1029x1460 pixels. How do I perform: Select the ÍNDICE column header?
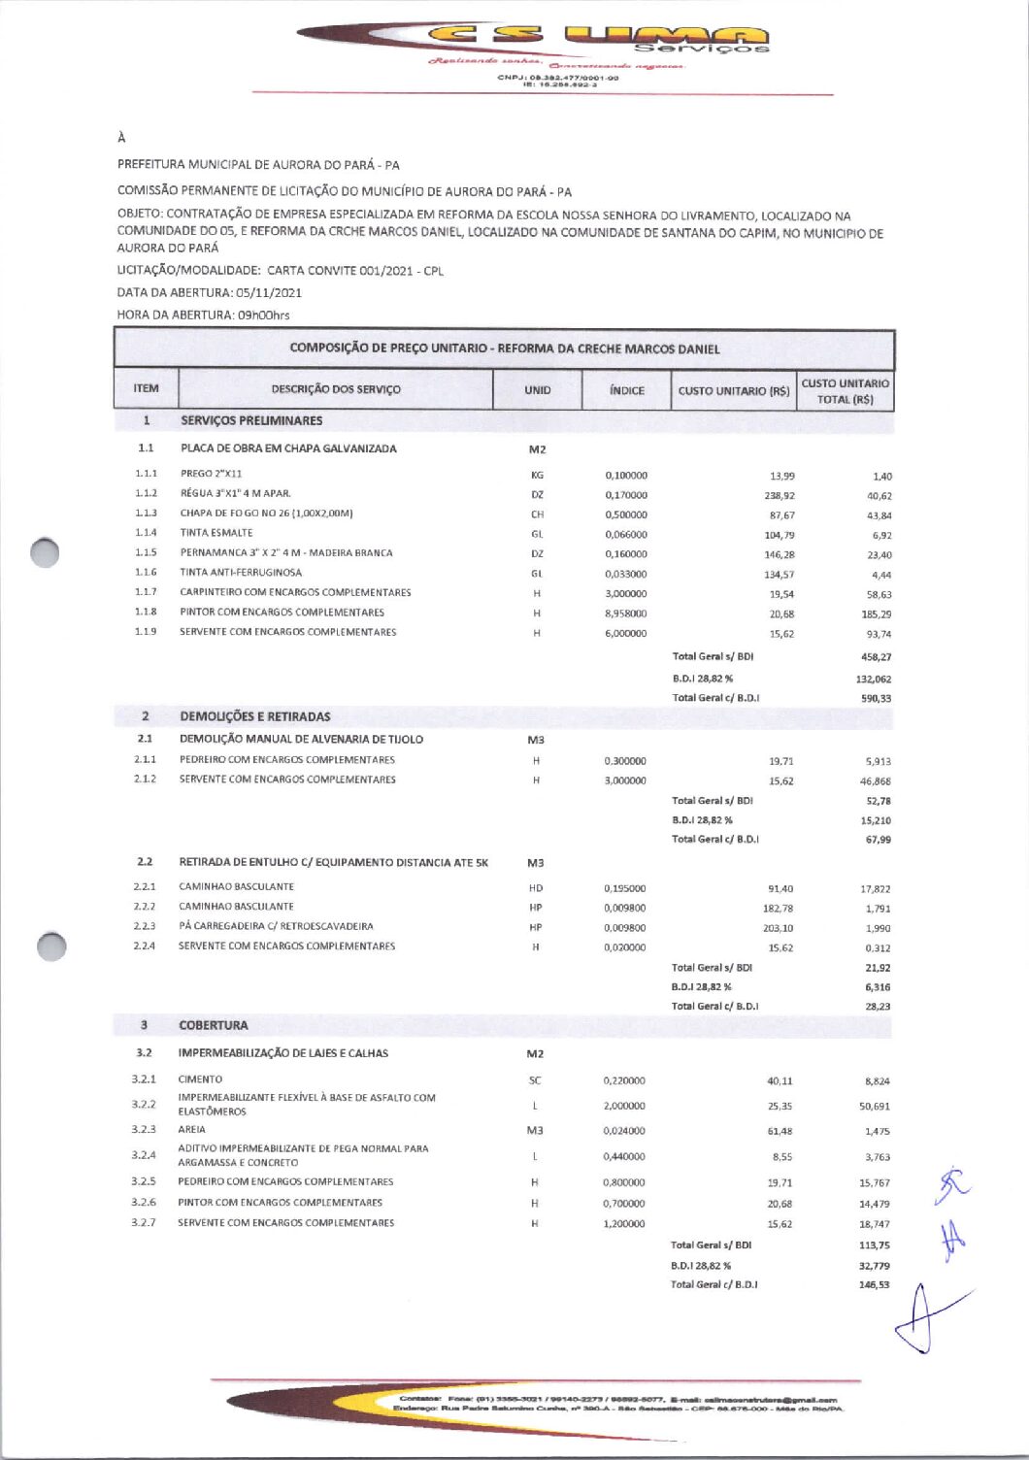tap(626, 390)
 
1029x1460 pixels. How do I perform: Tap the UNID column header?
tap(537, 390)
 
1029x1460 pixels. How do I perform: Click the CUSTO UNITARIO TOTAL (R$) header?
tap(845, 391)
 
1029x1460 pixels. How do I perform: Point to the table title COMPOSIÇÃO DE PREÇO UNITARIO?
tap(504, 348)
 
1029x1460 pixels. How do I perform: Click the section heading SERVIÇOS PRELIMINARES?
tap(251, 420)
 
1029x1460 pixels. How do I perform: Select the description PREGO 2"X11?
tap(211, 474)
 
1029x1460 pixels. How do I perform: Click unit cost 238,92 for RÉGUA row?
tap(780, 495)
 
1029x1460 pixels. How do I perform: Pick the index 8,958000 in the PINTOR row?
tap(625, 614)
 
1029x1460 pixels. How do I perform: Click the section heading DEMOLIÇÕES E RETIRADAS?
tap(254, 716)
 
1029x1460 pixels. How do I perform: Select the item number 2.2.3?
tap(145, 926)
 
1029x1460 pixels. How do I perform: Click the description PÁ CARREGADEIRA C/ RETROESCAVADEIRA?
tap(276, 926)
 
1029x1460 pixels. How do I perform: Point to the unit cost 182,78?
tap(778, 909)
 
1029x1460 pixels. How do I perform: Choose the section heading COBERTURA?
tap(213, 1025)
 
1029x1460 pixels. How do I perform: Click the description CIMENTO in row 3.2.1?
tap(200, 1079)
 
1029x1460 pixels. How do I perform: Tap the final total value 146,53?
tap(874, 1285)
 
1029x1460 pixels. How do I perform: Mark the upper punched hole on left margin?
tap(45, 551)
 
